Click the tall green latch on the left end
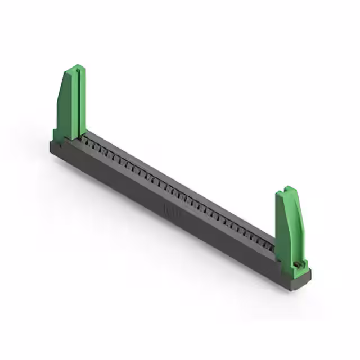click(71, 104)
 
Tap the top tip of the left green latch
click(74, 67)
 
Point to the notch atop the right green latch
click(288, 189)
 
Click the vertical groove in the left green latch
click(78, 101)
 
